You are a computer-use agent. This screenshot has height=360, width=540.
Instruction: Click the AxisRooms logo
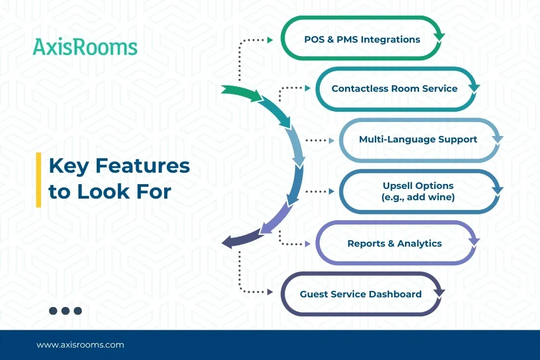[85, 47]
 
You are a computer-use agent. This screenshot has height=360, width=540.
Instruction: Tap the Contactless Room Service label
[394, 89]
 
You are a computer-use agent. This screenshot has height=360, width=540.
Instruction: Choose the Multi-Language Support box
[418, 139]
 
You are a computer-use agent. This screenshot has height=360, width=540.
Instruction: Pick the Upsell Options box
[418, 191]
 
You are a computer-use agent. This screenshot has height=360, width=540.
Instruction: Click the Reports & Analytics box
[394, 243]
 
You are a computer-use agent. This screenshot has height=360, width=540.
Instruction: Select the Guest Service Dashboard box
[361, 294]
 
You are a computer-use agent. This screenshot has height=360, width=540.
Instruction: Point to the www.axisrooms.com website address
[80, 344]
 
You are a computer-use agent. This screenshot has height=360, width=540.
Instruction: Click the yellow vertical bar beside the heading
[38, 180]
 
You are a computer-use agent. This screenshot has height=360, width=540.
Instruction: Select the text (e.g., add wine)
[418, 198]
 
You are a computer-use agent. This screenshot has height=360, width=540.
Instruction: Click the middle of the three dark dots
[65, 310]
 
